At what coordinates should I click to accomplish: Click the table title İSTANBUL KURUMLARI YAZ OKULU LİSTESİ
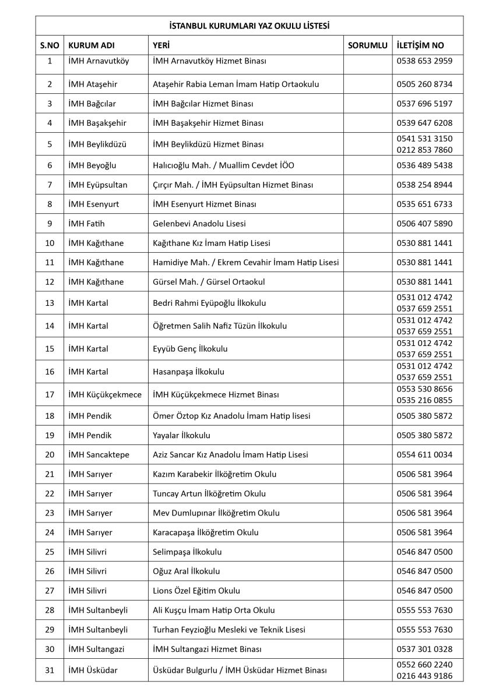coord(249,26)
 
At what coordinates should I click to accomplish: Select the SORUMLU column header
coord(367,45)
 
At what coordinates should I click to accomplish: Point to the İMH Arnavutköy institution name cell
coord(99,61)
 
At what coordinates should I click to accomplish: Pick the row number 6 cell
coord(50,165)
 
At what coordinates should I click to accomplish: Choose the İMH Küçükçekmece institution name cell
coord(105,395)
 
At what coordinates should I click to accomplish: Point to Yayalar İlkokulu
coord(181,435)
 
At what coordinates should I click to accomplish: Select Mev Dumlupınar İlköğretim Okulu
coord(216,513)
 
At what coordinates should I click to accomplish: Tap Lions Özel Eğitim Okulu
coord(196,591)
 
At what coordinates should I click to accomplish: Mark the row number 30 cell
coord(50,649)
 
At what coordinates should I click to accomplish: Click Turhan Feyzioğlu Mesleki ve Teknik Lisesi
coord(229,630)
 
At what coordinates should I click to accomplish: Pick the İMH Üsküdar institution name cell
coord(93,670)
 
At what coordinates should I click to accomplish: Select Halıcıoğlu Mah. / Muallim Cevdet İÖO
coord(223,165)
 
